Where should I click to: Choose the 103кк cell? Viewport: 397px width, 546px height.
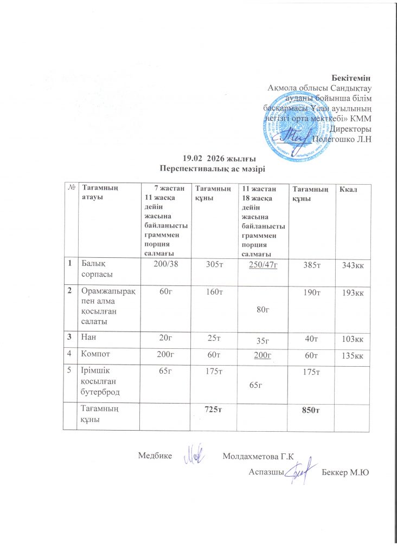tap(349, 339)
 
